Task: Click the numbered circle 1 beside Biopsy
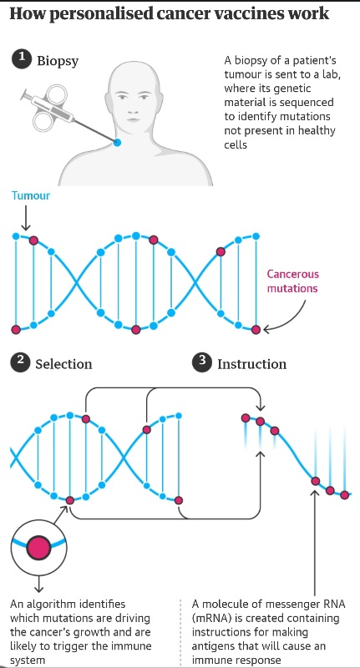pyautogui.click(x=20, y=59)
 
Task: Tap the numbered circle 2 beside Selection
pyautogui.click(x=20, y=363)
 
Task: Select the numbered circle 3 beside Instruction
pyautogui.click(x=202, y=363)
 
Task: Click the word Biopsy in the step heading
pyautogui.click(x=58, y=61)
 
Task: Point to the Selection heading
pyautogui.click(x=63, y=364)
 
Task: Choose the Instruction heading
pyautogui.click(x=251, y=364)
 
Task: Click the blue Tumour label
pyautogui.click(x=31, y=195)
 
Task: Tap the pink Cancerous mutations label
pyautogui.click(x=292, y=281)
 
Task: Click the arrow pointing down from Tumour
pyautogui.click(x=26, y=218)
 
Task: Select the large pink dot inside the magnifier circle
pyautogui.click(x=38, y=548)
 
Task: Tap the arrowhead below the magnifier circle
pyautogui.click(x=38, y=590)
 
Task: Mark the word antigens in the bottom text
pyautogui.click(x=210, y=646)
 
